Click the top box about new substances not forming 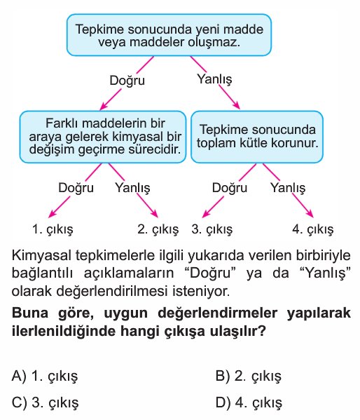click(169, 35)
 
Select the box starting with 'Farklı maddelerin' click(103, 137)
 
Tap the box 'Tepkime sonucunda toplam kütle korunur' click(257, 137)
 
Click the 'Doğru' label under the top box click(127, 81)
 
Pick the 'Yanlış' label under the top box click(214, 79)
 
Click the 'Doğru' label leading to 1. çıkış click(76, 187)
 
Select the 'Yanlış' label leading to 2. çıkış click(133, 187)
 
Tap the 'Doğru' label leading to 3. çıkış click(230, 187)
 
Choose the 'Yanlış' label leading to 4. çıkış click(288, 187)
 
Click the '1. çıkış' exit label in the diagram click(53, 229)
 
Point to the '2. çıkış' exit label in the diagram click(158, 229)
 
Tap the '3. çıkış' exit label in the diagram click(212, 229)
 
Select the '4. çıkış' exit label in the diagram click(313, 229)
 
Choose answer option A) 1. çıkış click(45, 376)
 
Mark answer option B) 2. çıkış click(249, 376)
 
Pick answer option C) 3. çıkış click(46, 402)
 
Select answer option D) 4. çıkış click(249, 402)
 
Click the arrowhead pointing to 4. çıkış click(310, 214)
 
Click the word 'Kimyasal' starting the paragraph click(41, 255)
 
